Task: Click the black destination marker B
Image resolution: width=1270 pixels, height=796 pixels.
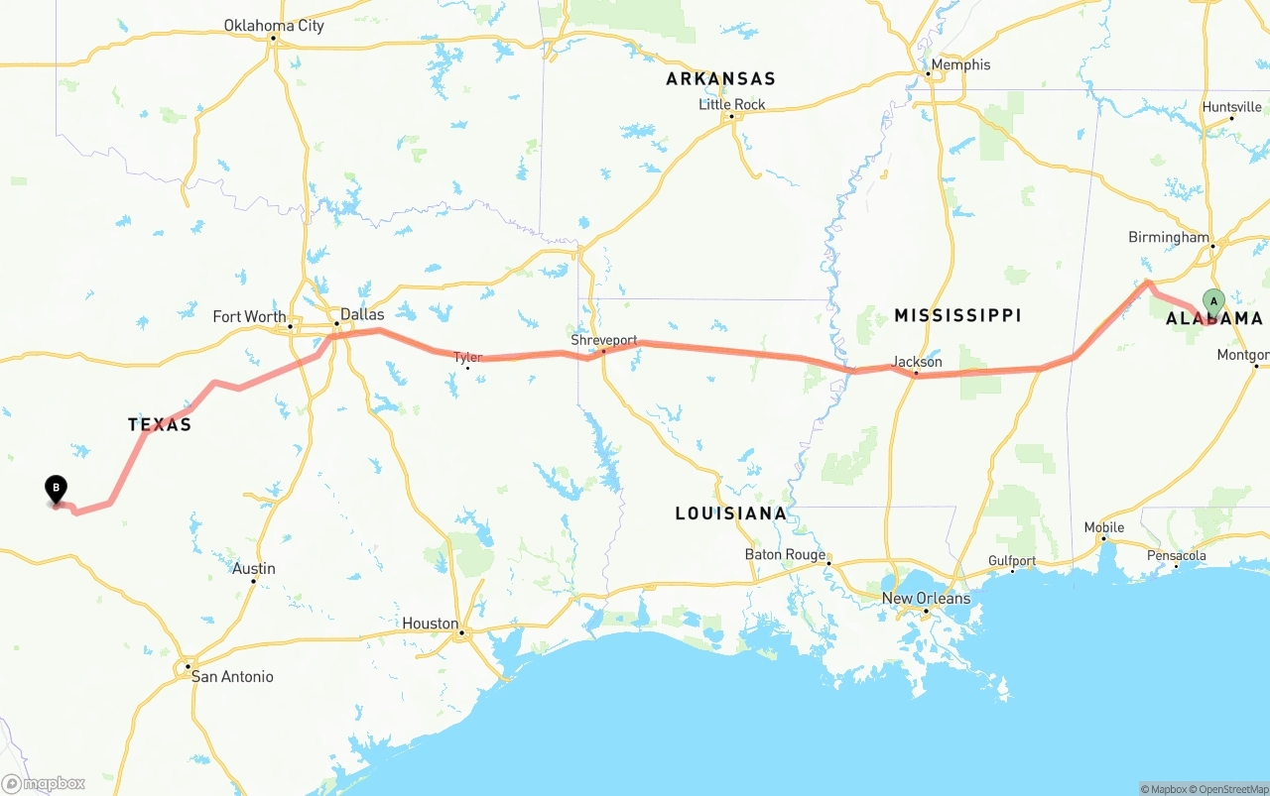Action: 57,488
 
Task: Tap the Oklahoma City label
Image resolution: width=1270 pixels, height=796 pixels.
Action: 274,26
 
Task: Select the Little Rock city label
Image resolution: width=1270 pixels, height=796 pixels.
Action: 732,104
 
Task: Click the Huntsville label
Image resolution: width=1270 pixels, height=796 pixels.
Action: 1231,107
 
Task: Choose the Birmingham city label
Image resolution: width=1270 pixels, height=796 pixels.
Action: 1169,238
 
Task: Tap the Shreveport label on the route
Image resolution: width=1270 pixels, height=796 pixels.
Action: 604,340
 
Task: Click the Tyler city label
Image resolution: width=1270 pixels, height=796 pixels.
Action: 467,357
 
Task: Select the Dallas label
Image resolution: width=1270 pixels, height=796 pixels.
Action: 362,314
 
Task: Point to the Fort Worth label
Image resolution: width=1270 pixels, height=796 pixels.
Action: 249,317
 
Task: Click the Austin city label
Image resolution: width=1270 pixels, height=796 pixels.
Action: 254,568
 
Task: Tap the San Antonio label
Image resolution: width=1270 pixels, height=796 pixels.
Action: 232,676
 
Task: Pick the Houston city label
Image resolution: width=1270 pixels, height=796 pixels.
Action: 430,624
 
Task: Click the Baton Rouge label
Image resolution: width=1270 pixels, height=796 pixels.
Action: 785,555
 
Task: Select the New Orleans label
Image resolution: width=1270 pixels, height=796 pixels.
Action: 926,598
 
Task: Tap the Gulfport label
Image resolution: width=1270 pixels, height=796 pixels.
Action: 1012,561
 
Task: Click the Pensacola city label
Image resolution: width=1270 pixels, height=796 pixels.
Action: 1177,555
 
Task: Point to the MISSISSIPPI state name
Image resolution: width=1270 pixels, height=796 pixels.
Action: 957,315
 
